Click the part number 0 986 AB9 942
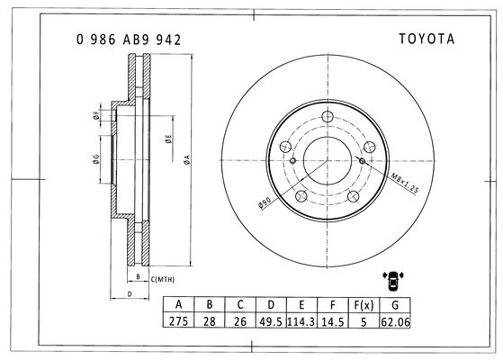pyautogui.click(x=129, y=40)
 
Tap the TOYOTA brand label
pyautogui.click(x=427, y=39)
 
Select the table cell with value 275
pyautogui.click(x=178, y=321)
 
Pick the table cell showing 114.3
pyautogui.click(x=301, y=321)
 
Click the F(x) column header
pyautogui.click(x=364, y=305)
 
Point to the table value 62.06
pyautogui.click(x=395, y=321)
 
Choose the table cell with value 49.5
pyautogui.click(x=271, y=321)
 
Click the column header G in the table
pyautogui.click(x=395, y=305)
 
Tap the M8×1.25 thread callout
pyautogui.click(x=405, y=184)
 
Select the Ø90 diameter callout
pyautogui.click(x=265, y=202)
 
